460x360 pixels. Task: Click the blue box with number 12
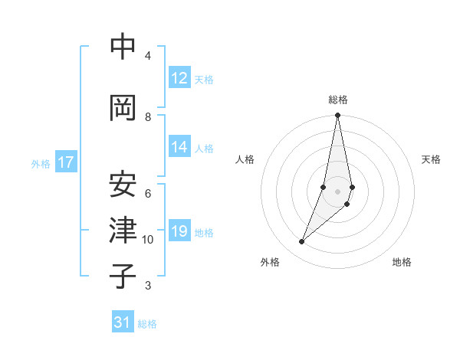tap(179, 78)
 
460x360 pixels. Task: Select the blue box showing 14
tap(179, 147)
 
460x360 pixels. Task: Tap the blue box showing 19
tap(179, 231)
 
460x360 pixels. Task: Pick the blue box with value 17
tap(66, 162)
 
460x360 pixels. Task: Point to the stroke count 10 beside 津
tap(148, 240)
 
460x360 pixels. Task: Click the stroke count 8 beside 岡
tap(148, 116)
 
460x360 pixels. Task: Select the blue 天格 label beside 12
tap(204, 79)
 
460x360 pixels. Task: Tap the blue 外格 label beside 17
tap(41, 163)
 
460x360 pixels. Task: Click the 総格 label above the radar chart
tap(338, 100)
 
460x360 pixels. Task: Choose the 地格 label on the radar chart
tap(402, 263)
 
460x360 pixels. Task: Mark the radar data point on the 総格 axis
tap(337, 116)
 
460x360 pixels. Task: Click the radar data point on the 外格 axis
tap(301, 242)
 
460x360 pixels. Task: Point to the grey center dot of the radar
tap(337, 191)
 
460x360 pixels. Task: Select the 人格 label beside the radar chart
tap(245, 159)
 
